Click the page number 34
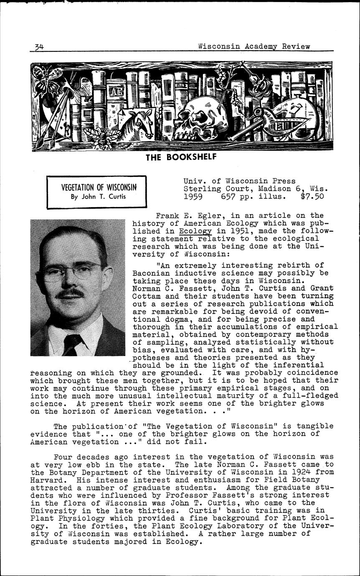click(40, 47)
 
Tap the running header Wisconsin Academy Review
click(254, 46)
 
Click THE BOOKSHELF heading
click(180, 158)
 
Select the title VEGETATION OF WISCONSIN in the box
click(96, 187)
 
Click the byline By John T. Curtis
click(96, 197)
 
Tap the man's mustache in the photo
click(70, 294)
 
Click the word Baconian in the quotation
click(151, 273)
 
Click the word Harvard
click(47, 480)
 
